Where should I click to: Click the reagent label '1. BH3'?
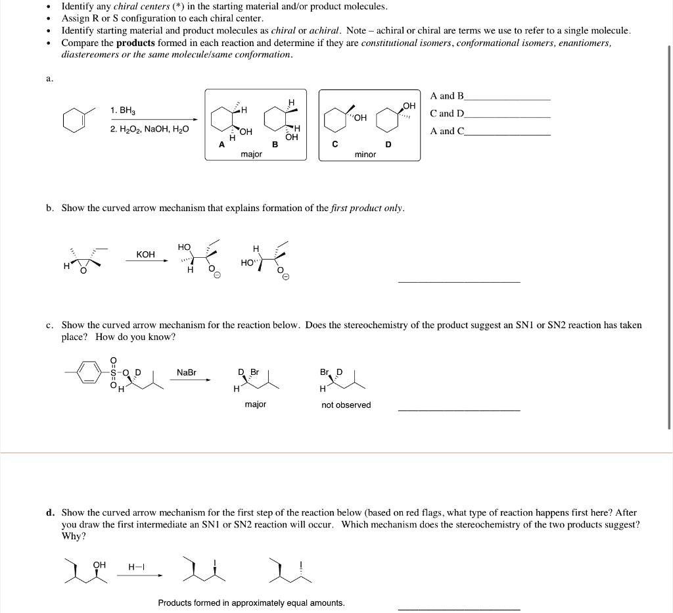click(x=124, y=110)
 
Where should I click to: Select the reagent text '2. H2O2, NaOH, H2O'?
click(x=149, y=129)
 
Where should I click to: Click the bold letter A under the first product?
click(x=221, y=144)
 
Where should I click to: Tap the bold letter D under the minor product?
click(x=388, y=144)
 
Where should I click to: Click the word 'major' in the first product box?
click(x=251, y=154)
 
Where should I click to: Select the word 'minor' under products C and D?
click(x=365, y=155)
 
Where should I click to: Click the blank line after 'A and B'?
click(x=507, y=99)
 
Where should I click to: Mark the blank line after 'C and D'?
click(x=507, y=116)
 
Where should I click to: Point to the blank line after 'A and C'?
click(x=507, y=134)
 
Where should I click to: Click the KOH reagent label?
click(x=145, y=254)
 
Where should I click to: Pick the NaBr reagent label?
click(x=187, y=372)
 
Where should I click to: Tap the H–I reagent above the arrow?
click(x=137, y=567)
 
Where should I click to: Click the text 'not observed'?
click(x=346, y=405)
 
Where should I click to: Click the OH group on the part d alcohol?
click(x=99, y=564)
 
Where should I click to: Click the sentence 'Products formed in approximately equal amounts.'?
click(x=251, y=603)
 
